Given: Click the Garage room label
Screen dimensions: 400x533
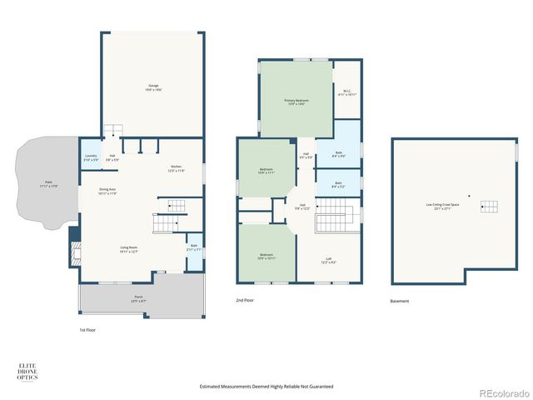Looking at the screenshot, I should pos(154,87).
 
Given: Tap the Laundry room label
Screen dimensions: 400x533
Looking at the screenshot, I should pos(90,157).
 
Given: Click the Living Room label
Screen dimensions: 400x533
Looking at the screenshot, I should pos(128,248).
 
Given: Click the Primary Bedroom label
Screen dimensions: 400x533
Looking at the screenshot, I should pos(296,102).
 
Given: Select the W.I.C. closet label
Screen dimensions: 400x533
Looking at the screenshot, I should pos(347,93).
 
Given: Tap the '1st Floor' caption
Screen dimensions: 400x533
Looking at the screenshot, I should pos(87,330).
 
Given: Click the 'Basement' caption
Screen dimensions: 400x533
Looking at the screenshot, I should pos(400,301).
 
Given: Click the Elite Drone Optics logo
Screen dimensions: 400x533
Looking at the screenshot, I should pos(27,372).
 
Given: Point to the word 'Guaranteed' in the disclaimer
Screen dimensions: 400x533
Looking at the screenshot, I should pos(321,387).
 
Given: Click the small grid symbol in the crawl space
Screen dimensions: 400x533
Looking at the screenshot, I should pos(492,207).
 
